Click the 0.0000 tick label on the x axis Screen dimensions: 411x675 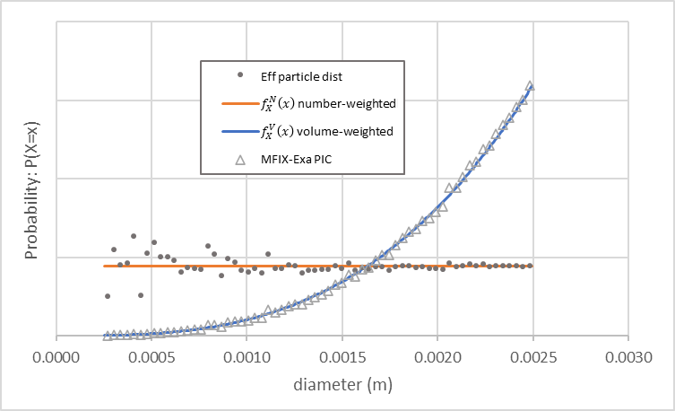tap(56, 357)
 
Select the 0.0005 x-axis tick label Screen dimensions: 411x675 tap(151, 357)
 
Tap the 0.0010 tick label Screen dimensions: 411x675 tap(247, 357)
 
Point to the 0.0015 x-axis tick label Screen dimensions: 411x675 tap(342, 357)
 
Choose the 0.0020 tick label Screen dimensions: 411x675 tap(437, 357)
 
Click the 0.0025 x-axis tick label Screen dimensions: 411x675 tap(532, 357)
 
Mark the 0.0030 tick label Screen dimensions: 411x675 tap(627, 357)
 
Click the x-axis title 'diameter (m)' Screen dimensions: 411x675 tap(341, 385)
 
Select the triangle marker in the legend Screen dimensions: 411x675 tap(238, 159)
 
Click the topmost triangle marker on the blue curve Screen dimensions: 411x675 tap(530, 86)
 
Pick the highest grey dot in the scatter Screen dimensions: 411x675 tap(134, 236)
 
